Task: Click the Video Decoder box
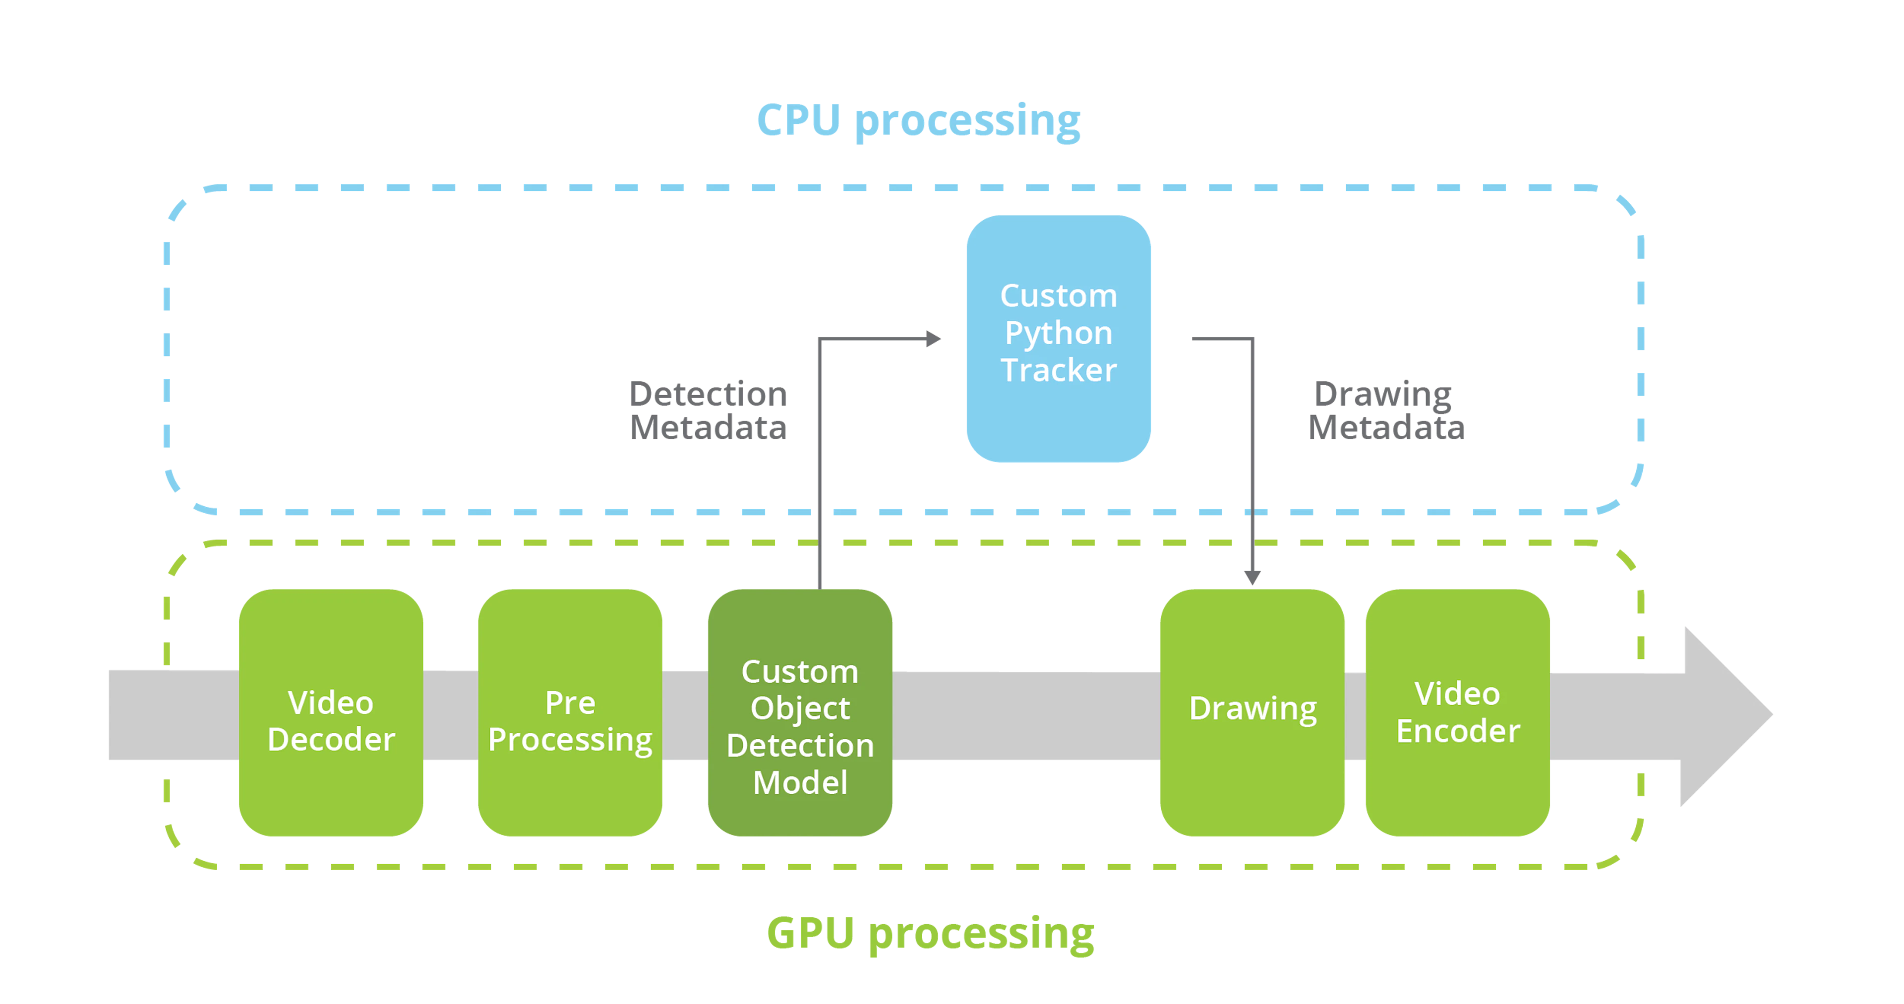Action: (331, 712)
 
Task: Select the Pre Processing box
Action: (570, 712)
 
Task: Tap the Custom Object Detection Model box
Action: (800, 712)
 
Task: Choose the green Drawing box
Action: (1252, 712)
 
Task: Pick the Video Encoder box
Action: (1458, 712)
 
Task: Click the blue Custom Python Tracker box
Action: (1059, 339)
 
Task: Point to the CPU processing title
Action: (919, 120)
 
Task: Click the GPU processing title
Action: (931, 934)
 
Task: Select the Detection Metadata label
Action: (708, 411)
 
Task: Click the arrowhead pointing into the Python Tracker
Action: (934, 339)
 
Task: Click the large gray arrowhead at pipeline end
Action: (1726, 715)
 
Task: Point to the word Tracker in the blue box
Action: (1059, 370)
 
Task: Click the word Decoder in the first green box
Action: (331, 739)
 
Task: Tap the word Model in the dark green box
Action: (800, 782)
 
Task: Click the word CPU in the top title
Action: (799, 120)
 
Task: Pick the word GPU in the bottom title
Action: (811, 933)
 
